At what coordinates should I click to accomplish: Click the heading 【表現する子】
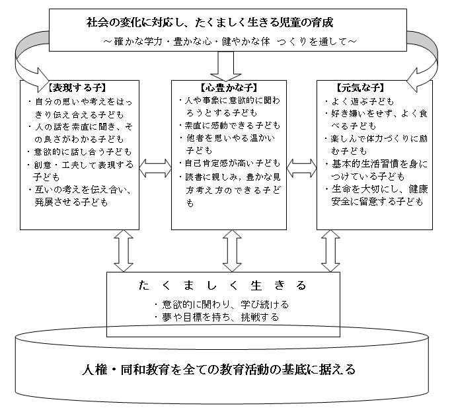(77, 87)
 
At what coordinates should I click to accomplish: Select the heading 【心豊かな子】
(229, 87)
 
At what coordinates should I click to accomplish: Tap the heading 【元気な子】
(360, 87)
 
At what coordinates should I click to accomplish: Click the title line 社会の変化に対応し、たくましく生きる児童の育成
(210, 22)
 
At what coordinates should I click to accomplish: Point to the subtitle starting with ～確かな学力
(229, 42)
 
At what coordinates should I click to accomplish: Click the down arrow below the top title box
(226, 66)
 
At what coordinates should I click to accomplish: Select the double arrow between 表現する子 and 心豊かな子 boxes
(155, 168)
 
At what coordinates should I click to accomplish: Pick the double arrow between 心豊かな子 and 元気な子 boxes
(302, 168)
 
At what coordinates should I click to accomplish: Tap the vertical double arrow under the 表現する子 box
(124, 251)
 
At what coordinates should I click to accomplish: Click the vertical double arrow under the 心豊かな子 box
(232, 251)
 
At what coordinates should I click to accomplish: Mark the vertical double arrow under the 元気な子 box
(330, 251)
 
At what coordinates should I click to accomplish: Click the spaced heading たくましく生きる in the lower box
(223, 286)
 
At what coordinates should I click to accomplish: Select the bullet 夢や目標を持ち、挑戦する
(217, 317)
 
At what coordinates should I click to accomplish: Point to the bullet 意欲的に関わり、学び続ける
(222, 304)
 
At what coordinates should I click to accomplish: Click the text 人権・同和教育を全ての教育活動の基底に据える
(219, 370)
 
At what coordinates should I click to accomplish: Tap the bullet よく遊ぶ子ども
(359, 102)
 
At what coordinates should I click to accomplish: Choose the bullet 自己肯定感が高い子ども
(229, 163)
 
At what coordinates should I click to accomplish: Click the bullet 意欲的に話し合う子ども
(79, 152)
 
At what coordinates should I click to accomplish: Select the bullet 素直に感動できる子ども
(229, 126)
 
